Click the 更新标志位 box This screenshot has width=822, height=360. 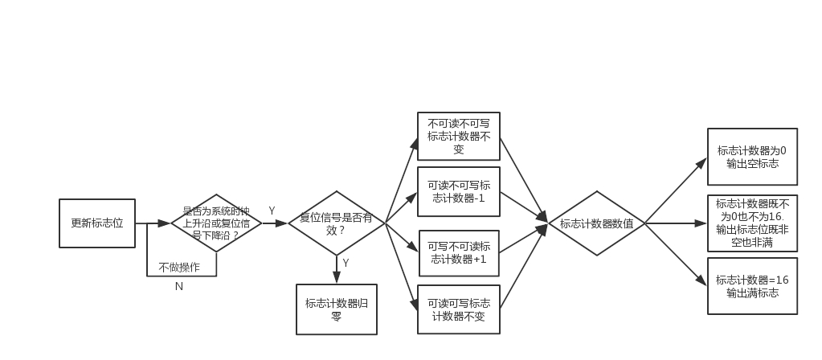pos(97,223)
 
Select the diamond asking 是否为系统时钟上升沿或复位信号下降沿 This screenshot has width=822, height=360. pos(216,223)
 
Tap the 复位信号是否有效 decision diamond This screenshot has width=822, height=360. pos(336,223)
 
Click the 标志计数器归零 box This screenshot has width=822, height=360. pos(336,309)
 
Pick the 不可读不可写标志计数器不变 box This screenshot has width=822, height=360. pos(458,137)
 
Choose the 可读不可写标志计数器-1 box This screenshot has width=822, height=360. pos(458,191)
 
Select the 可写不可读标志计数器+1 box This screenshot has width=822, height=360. pos(458,252)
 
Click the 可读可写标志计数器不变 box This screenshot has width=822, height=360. pos(458,309)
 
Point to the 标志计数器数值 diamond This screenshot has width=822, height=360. pos(596,223)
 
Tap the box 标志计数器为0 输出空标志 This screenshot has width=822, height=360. pos(752,157)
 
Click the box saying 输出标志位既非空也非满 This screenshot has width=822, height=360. pos(752,223)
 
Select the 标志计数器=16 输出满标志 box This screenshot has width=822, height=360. pos(752,286)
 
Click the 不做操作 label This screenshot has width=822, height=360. pos(179,267)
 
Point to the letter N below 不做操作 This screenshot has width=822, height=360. pos(179,285)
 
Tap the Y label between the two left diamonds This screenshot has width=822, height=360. pos(272,211)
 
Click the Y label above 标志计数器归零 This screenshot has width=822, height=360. pos(346,263)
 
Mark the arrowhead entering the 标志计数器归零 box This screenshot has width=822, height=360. pos(336,279)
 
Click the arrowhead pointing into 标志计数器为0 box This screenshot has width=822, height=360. pos(701,162)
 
